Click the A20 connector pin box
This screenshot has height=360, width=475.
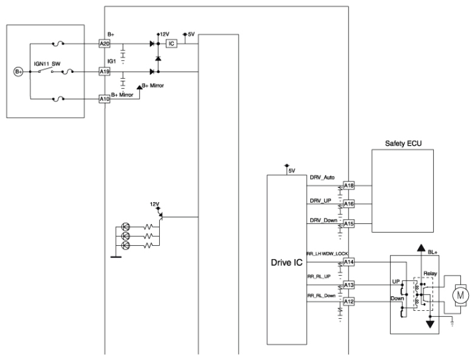coord(104,44)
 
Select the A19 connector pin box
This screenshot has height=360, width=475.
coord(104,72)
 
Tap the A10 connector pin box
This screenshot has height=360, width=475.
coord(104,99)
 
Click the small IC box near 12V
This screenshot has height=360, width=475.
coord(171,44)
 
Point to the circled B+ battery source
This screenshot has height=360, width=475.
coord(18,72)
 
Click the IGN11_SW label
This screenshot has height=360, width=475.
coord(47,64)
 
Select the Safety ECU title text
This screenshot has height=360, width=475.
coord(403,143)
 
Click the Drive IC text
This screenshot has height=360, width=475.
coord(287,262)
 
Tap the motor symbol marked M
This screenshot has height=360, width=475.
coord(460,295)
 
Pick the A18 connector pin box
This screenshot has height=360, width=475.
coord(349,186)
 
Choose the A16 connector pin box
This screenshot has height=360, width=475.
coord(349,204)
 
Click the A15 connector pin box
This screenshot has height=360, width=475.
coord(349,224)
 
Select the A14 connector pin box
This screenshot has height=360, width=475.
coord(349,262)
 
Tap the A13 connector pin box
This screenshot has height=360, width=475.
coord(349,285)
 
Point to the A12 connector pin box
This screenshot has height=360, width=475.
coord(349,302)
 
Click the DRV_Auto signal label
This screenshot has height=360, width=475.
coord(322,177)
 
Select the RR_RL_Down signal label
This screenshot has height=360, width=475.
coord(321,296)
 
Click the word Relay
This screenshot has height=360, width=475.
coord(430,273)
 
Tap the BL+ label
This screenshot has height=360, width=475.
coord(432,252)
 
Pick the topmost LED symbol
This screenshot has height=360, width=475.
coord(125,226)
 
